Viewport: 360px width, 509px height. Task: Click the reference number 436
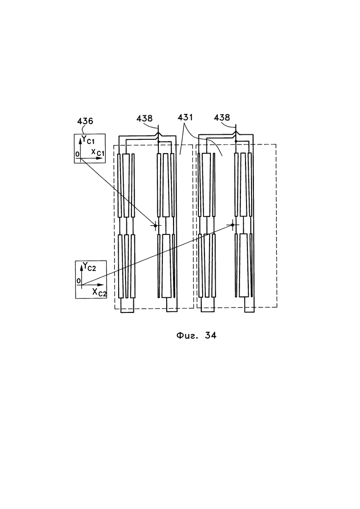tap(85, 121)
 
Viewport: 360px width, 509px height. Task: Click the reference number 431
tap(185, 117)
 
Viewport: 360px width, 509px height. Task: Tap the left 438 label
tap(144, 119)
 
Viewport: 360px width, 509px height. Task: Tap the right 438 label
tap(222, 117)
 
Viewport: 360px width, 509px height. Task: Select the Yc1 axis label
tap(88, 140)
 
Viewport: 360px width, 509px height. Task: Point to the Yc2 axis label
tap(89, 267)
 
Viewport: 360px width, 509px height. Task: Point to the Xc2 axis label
tap(99, 292)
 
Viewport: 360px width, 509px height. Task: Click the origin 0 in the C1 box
tap(77, 154)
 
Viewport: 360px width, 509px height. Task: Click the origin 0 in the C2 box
tap(78, 281)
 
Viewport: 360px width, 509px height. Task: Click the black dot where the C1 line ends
tap(155, 225)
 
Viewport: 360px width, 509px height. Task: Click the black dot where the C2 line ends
tap(233, 225)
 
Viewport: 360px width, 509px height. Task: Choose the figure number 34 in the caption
tap(210, 335)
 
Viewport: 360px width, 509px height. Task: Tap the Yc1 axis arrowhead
tap(80, 141)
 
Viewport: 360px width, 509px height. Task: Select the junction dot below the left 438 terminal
tap(158, 142)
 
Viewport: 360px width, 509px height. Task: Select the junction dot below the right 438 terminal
tap(236, 141)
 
